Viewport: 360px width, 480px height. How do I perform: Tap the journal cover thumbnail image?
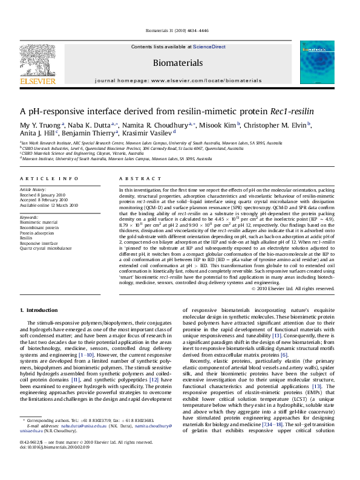click(317, 62)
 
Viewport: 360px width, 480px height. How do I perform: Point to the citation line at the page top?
click(179, 31)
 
